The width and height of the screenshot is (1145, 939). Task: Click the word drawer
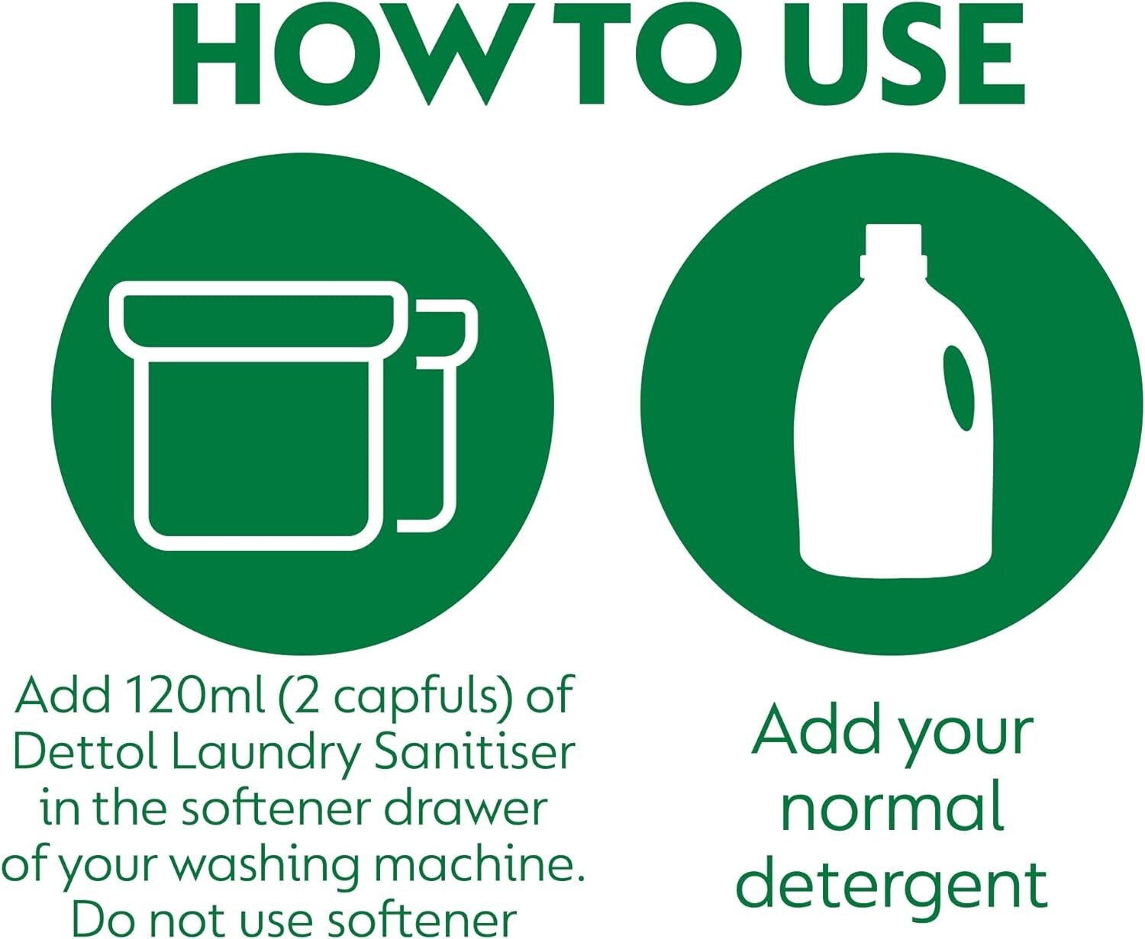click(x=465, y=808)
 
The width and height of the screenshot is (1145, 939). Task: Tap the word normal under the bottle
click(x=892, y=809)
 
